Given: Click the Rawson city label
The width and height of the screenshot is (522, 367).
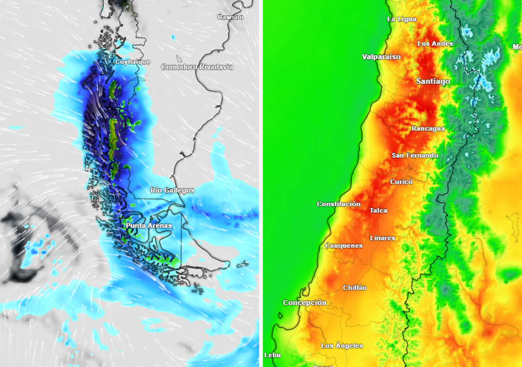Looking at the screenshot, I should (x=230, y=17).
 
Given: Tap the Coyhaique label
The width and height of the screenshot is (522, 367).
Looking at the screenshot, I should (x=133, y=62).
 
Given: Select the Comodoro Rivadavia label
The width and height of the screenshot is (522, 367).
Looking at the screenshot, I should (x=197, y=67).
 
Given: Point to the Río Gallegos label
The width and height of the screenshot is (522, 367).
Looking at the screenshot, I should (x=172, y=190).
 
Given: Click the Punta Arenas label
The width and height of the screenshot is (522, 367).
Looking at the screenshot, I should (x=149, y=225).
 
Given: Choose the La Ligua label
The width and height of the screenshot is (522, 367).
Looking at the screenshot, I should (x=402, y=19).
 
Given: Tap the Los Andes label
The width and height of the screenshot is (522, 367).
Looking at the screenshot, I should (x=435, y=44).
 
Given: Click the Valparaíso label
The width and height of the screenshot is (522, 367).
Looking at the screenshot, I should (x=381, y=57).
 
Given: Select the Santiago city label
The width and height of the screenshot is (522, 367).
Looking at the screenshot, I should (x=433, y=81).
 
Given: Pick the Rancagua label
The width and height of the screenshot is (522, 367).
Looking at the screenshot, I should (x=428, y=128).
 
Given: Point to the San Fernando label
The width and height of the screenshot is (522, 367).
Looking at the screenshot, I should (x=414, y=155).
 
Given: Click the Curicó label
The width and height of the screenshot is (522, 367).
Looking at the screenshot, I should (x=401, y=181).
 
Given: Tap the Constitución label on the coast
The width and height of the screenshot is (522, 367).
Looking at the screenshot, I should (x=338, y=204).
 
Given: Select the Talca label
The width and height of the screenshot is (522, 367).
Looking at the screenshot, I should (x=378, y=211).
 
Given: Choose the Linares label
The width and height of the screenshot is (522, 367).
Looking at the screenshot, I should (x=382, y=238).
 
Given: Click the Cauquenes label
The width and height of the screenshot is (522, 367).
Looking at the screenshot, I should (x=344, y=246).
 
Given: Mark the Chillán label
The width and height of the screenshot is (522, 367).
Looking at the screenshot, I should (x=355, y=287).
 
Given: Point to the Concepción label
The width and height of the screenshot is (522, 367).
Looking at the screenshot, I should (x=304, y=303).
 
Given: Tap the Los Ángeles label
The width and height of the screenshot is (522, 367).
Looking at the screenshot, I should (x=342, y=346).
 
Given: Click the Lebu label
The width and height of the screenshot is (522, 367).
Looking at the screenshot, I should (x=272, y=355).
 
